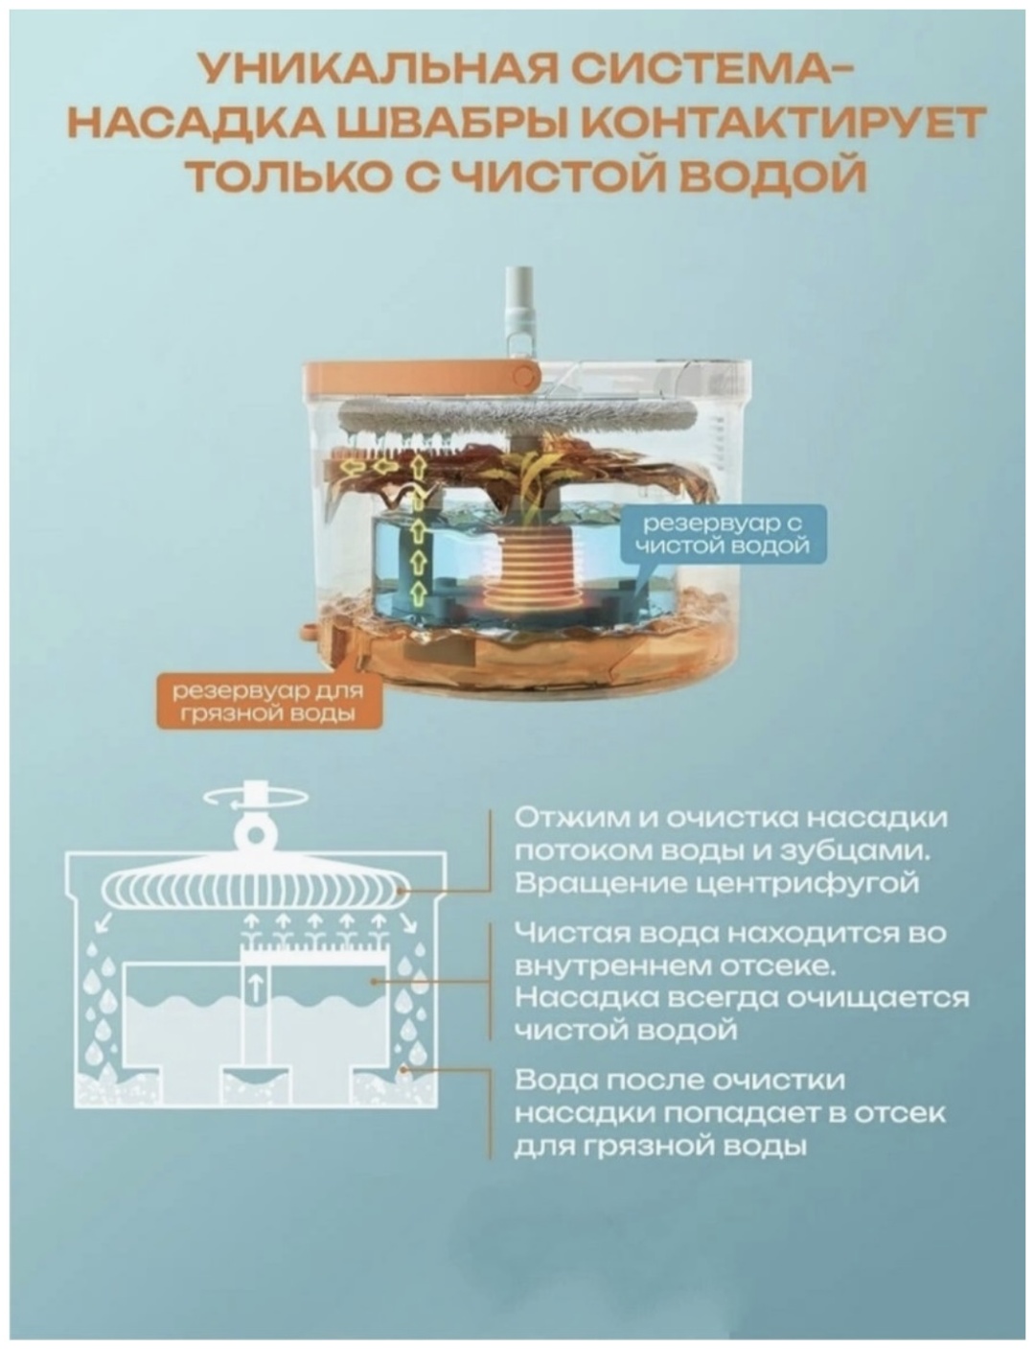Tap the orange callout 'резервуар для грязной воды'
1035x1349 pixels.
pyautogui.click(x=268, y=703)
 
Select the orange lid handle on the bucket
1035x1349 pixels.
pyautogui.click(x=422, y=376)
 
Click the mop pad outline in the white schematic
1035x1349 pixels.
pyautogui.click(x=254, y=893)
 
